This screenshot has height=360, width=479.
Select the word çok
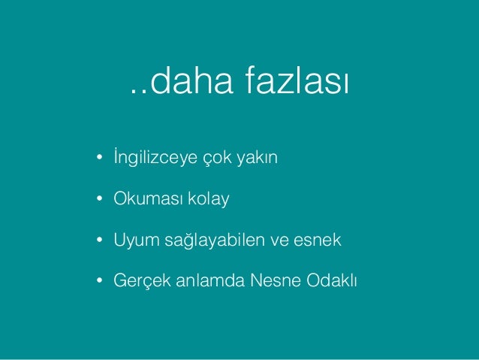pyautogui.click(x=216, y=160)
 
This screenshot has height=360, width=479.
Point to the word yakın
pyautogui.click(x=259, y=159)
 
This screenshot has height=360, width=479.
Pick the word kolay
pyautogui.click(x=208, y=200)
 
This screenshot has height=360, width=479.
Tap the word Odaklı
pyautogui.click(x=332, y=281)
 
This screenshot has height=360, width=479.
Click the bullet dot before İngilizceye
pyautogui.click(x=98, y=160)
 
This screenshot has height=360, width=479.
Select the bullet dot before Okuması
pyautogui.click(x=98, y=201)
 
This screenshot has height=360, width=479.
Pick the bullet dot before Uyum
pyautogui.click(x=98, y=241)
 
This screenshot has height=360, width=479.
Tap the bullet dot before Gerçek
pyautogui.click(x=98, y=282)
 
